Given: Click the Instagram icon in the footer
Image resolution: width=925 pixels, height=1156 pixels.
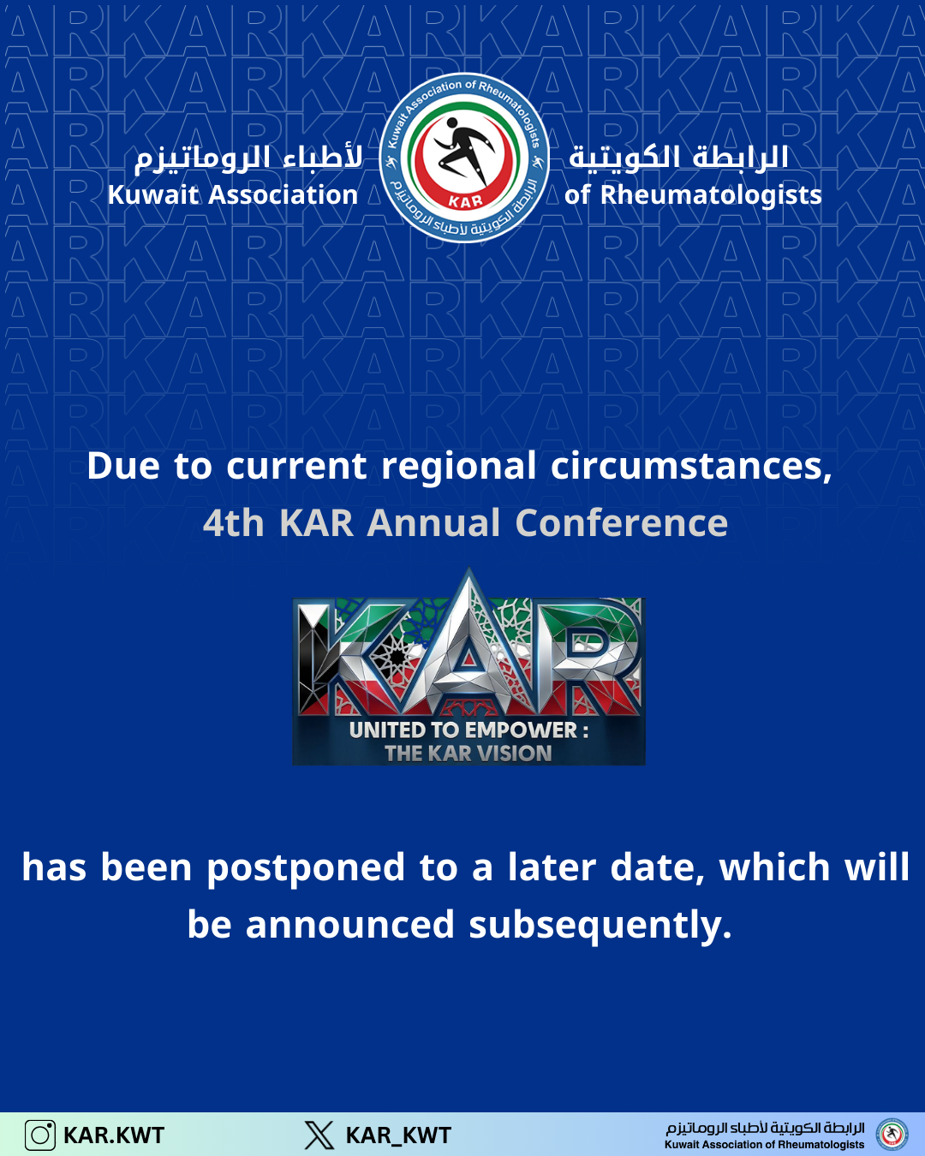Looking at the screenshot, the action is [x=40, y=1135].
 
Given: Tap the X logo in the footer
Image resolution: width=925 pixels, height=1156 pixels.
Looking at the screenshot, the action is [x=319, y=1135].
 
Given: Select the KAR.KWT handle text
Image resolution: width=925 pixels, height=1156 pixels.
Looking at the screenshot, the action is [x=114, y=1135].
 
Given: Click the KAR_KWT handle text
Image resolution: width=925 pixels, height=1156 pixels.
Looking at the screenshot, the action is [x=398, y=1136].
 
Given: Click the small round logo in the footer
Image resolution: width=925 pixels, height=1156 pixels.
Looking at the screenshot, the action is [x=892, y=1135].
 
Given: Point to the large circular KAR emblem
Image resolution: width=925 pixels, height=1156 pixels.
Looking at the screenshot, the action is [x=464, y=158].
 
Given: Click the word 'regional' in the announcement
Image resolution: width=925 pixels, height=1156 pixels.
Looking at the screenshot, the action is [x=458, y=467].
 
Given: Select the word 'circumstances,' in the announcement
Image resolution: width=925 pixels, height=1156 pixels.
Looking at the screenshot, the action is [x=691, y=466].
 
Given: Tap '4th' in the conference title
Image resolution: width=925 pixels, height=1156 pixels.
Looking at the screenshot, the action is [x=233, y=523].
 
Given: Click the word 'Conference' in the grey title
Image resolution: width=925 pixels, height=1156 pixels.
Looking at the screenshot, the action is [x=622, y=523].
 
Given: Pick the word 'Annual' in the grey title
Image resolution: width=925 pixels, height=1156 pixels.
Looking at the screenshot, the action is [x=433, y=523].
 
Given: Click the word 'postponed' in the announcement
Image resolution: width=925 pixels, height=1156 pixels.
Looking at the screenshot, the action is [x=306, y=868].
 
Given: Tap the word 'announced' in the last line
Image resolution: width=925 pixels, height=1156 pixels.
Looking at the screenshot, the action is [x=350, y=926].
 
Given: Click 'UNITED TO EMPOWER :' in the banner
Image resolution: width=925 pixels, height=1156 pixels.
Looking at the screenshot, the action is [x=468, y=730].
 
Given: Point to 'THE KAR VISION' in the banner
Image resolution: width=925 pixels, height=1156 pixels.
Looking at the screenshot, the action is [x=468, y=754].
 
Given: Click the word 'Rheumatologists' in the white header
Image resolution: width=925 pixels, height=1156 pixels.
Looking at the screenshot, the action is [x=711, y=195].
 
